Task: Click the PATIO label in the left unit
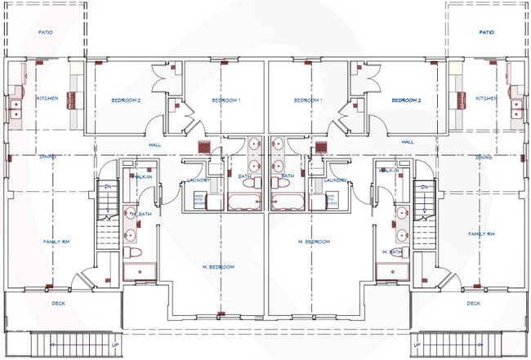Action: click(46, 33)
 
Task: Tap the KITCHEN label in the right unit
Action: click(486, 99)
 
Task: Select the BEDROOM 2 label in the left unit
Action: click(127, 100)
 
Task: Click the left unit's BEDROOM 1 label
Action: click(225, 100)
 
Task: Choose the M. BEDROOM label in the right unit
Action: click(315, 242)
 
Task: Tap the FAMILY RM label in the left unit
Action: click(55, 242)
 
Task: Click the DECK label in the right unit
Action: click(474, 304)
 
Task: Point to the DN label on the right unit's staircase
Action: click(425, 187)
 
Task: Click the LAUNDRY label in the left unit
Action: click(199, 180)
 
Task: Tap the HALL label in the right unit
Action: click(408, 142)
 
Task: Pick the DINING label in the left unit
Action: click(47, 157)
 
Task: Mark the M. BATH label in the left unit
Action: click(141, 215)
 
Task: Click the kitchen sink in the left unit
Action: click(15, 105)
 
